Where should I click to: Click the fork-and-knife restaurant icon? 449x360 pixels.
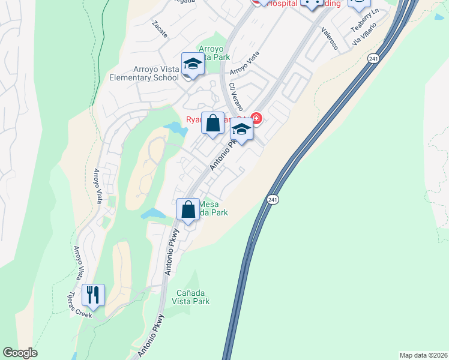tap(93, 295)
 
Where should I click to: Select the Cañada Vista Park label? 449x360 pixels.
tap(193, 297)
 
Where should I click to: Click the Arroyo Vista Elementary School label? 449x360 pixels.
tap(144, 73)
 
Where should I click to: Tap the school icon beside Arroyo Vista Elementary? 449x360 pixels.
tap(193, 64)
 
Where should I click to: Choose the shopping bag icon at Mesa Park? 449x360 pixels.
tap(188, 209)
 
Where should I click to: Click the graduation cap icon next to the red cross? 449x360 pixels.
tap(241, 130)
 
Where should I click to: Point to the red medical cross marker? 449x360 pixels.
tap(257, 118)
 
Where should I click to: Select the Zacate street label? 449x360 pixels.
tap(159, 28)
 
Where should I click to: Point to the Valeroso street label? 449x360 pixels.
tap(330, 38)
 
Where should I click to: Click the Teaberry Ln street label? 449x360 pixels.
tap(365, 21)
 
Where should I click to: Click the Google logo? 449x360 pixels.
tap(20, 353)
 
